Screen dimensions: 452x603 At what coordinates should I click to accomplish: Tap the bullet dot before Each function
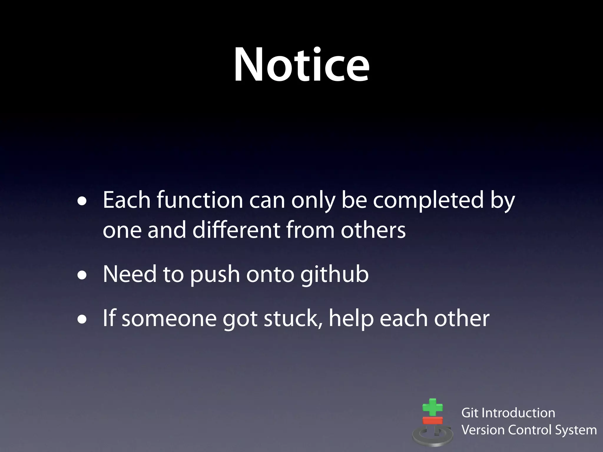point(82,201)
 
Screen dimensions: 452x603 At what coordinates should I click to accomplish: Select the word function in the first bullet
point(200,200)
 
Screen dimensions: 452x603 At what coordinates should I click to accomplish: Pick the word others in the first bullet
point(373,230)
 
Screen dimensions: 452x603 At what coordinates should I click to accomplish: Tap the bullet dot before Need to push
point(82,275)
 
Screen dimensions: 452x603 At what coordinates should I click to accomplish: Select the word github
point(334,274)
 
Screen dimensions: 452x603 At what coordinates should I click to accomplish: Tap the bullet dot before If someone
point(82,320)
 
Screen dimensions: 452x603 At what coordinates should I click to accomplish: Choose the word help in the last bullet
point(351,319)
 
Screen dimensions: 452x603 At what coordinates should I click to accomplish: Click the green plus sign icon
point(432,408)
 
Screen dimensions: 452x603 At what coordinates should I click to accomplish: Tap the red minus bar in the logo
point(433,420)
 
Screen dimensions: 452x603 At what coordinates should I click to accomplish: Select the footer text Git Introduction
point(508,413)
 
